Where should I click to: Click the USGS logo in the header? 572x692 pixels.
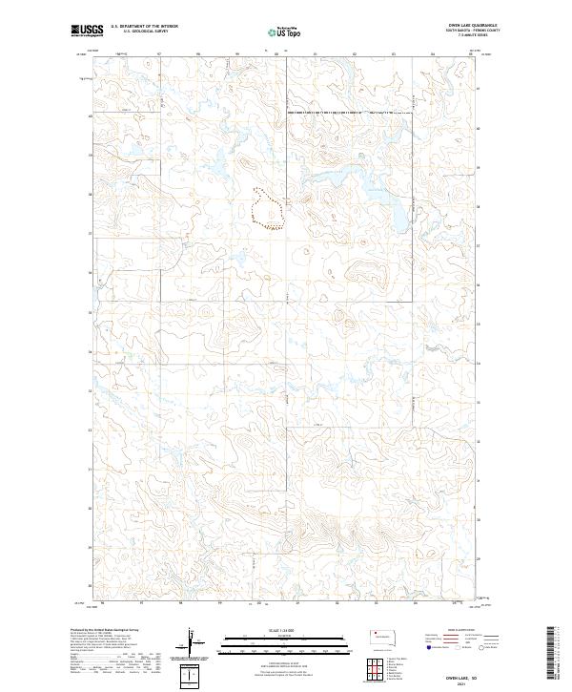tap(88, 31)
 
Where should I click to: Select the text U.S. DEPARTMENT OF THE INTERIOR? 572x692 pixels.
tap(145, 27)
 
